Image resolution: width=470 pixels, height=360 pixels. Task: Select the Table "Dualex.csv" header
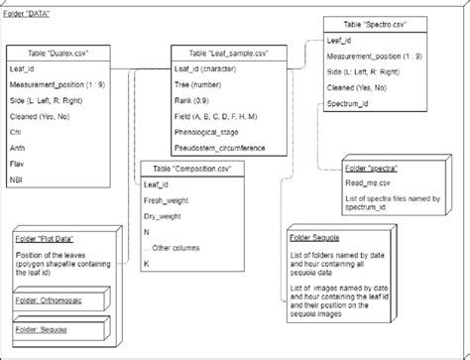click(x=64, y=53)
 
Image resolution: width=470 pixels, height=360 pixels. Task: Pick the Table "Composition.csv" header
click(x=189, y=169)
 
